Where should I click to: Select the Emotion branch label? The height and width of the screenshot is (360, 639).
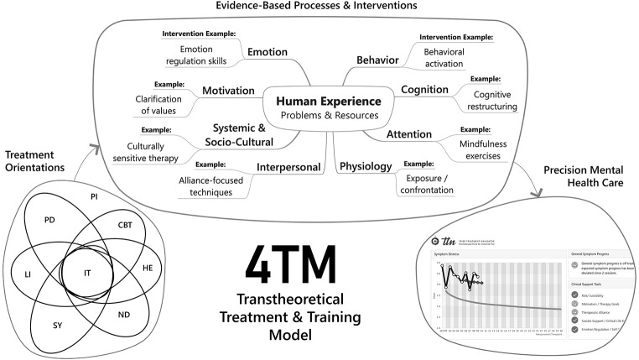point(268,52)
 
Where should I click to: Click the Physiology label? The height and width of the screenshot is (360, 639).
point(366,166)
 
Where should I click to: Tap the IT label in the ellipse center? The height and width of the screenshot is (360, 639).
point(87,274)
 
